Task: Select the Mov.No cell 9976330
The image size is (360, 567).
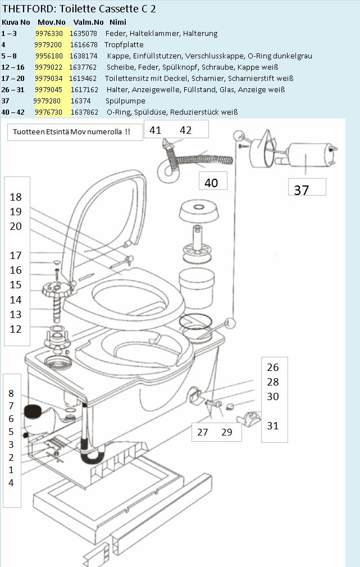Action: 50,33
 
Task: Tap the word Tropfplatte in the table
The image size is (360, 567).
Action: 124,44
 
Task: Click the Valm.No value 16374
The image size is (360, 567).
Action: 81,101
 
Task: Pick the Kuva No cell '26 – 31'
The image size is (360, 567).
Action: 14,89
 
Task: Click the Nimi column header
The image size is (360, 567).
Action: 118,22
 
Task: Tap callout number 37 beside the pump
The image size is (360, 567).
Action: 302,190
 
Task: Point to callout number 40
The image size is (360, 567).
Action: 211,183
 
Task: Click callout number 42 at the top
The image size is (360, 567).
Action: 185,130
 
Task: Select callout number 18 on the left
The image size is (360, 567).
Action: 16,197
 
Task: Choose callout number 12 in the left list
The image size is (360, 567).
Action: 16,329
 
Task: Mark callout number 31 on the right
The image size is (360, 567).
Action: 272,426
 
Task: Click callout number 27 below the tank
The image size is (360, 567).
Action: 203,432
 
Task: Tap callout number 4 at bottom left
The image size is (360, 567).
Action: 11,483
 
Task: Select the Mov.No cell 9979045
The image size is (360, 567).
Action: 50,89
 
